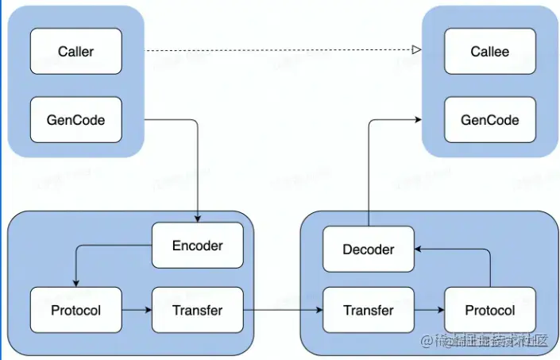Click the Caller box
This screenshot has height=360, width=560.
[x=76, y=52]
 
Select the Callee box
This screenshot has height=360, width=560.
[x=489, y=52]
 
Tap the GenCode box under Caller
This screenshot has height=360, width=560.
[x=76, y=120]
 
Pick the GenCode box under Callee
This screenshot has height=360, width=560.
[x=489, y=120]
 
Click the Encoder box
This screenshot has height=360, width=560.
[x=198, y=246]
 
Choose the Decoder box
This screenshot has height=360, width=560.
[x=369, y=250]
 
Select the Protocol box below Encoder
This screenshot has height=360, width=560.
[x=76, y=310]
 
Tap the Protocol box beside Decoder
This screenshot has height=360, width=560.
[x=489, y=310]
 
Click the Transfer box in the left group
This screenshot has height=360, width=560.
[x=198, y=310]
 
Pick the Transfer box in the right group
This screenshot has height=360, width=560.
[x=369, y=310]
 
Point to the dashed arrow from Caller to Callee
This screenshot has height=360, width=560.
[x=278, y=50]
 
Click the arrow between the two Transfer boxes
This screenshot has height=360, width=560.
[x=284, y=310]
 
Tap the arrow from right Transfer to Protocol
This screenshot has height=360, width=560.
[x=429, y=310]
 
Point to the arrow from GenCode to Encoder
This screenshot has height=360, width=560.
[x=197, y=167]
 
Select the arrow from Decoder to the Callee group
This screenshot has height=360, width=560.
[x=369, y=167]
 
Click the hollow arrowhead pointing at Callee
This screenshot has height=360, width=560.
[x=415, y=50]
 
